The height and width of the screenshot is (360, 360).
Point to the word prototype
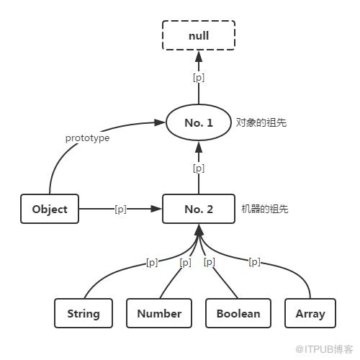point(87,138)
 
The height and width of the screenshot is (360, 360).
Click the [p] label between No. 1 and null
point(199,78)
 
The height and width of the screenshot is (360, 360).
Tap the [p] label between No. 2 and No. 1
point(199,168)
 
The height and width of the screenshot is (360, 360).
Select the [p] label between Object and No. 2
point(120,209)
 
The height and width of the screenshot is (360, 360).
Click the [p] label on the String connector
point(152,262)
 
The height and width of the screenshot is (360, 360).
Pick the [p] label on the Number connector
point(186,262)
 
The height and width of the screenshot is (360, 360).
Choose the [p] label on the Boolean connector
point(210,262)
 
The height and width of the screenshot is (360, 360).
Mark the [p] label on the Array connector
point(254,261)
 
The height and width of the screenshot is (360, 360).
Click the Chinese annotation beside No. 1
point(261,122)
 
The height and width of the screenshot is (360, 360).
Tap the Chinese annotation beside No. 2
point(265,209)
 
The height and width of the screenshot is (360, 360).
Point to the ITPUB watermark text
point(324,349)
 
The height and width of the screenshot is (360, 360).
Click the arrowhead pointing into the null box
point(199,57)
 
